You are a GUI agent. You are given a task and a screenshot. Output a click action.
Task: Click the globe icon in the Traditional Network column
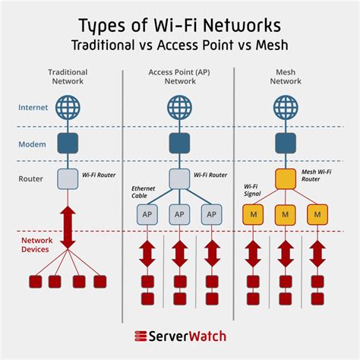(x=68, y=107)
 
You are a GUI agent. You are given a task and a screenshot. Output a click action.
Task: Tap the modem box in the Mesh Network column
(x=286, y=144)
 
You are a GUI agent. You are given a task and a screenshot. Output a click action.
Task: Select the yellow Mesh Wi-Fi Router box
(x=286, y=179)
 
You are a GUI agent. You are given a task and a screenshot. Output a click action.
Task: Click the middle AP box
(x=179, y=215)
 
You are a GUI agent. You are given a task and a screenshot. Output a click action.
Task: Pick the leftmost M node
(x=253, y=215)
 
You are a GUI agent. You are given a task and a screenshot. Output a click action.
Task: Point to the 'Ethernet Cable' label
(x=143, y=192)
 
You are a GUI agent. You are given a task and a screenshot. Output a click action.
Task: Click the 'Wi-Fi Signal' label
(x=252, y=190)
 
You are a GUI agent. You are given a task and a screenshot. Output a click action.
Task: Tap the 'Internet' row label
(x=33, y=108)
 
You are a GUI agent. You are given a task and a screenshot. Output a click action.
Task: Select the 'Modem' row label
(x=32, y=144)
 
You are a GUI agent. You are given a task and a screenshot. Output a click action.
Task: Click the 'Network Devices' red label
(x=37, y=245)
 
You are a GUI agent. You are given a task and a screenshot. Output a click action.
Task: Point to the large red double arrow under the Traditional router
(x=68, y=227)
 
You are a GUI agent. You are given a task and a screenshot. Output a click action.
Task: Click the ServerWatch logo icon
(x=141, y=336)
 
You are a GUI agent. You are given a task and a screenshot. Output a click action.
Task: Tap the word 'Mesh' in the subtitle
(x=272, y=46)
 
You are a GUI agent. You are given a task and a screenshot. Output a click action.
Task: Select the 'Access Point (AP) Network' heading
(x=179, y=77)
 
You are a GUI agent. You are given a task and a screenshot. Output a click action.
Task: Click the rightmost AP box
(x=211, y=215)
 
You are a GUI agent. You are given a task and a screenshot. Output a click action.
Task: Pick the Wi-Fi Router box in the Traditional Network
(x=68, y=179)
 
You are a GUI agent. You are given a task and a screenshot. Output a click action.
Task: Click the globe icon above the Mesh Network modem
(x=286, y=107)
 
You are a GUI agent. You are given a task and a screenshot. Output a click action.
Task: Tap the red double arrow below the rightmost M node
(x=317, y=254)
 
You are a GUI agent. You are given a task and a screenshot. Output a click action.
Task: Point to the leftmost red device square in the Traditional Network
(x=36, y=282)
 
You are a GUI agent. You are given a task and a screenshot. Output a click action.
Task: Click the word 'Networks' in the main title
(x=242, y=25)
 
